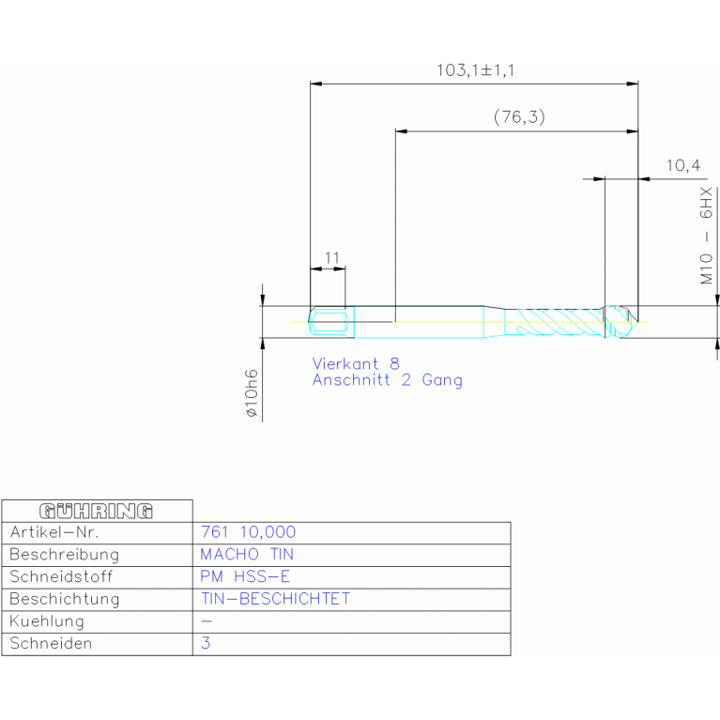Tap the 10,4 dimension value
point(682,166)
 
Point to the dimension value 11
point(330,257)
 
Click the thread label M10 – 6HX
point(705,237)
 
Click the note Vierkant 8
point(356,363)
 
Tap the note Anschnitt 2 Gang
point(387,380)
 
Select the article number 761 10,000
point(248,532)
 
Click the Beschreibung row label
point(64,555)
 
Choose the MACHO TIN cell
point(247,555)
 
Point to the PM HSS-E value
point(238,576)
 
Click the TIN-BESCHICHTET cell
point(274,599)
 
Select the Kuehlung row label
point(47,621)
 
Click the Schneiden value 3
point(207,644)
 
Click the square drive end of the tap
point(329,322)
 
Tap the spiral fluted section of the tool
point(559,322)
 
